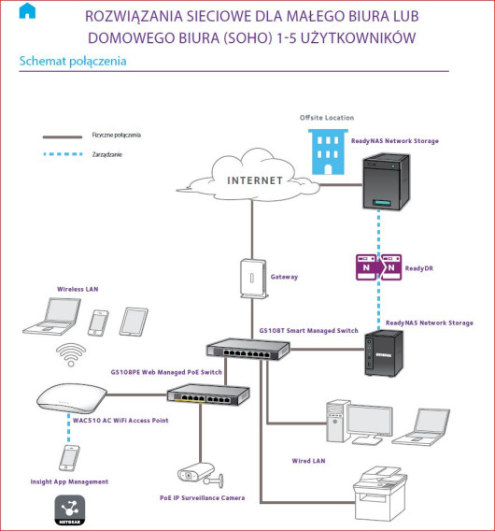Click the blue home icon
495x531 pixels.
pyautogui.click(x=27, y=11)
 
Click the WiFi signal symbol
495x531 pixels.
pyautogui.click(x=67, y=355)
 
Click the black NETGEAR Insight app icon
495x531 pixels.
pyautogui.click(x=68, y=509)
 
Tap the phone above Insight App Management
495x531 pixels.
pyautogui.click(x=68, y=457)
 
